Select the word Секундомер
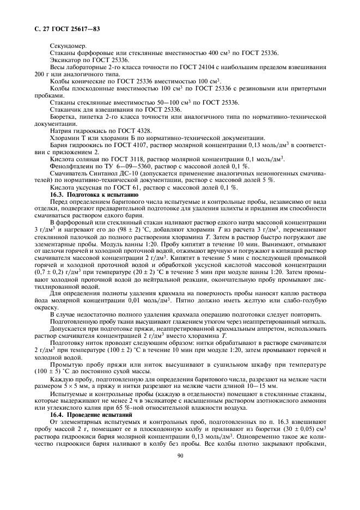66,46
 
